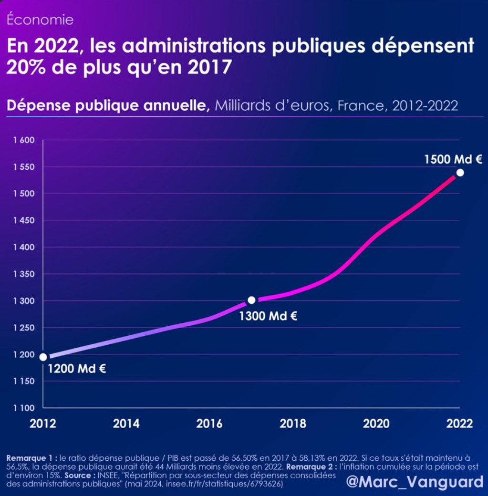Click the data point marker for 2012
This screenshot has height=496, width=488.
[43, 357]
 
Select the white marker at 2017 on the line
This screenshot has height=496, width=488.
[251, 300]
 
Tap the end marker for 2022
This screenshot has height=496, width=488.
[460, 173]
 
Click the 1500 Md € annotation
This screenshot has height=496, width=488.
[453, 159]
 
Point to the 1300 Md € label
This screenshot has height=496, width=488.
[268, 316]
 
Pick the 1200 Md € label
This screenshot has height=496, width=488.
[76, 369]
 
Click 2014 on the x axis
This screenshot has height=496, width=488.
[126, 424]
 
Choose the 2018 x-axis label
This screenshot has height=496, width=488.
[293, 424]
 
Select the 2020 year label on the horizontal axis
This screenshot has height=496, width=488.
[376, 424]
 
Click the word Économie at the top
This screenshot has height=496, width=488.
[40, 20]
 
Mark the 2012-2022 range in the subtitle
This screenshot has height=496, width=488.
[425, 105]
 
